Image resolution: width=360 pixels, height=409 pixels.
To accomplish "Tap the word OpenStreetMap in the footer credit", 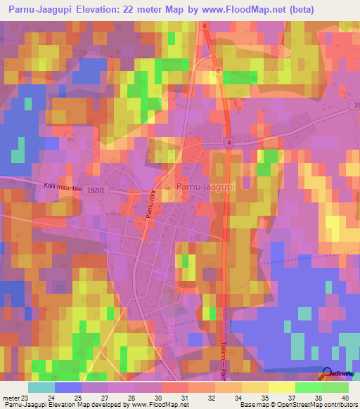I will coord(309,405).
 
